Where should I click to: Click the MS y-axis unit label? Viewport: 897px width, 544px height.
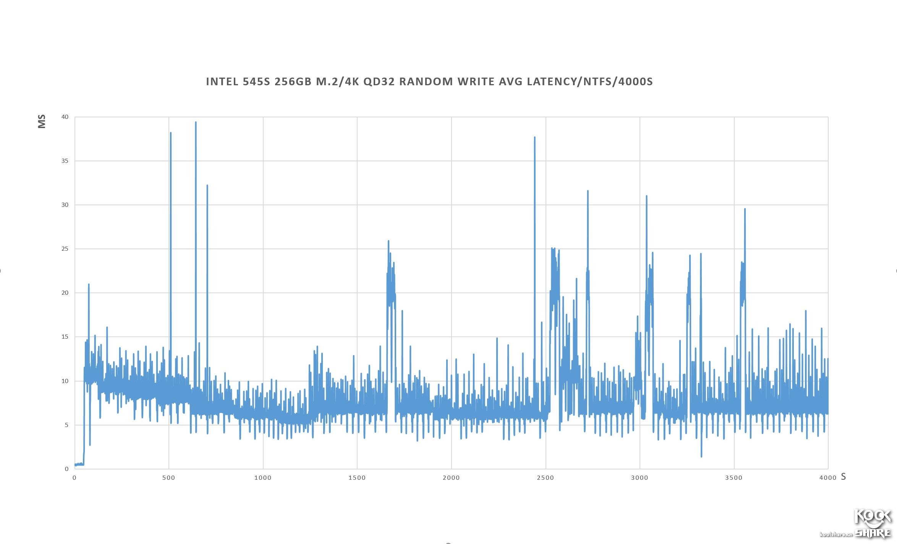tap(42, 121)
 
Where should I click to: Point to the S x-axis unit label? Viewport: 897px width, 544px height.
tap(843, 477)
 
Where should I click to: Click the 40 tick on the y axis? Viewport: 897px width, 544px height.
tap(65, 117)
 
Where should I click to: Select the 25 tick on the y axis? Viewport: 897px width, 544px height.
tap(65, 249)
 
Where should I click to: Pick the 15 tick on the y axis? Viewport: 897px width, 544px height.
tap(65, 337)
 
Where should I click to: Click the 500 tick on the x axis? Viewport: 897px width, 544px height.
tap(168, 477)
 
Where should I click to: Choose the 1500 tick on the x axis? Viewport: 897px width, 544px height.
tap(357, 477)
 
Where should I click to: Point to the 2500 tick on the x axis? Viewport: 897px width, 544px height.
tap(545, 477)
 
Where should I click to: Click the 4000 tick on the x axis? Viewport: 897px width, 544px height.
tap(828, 477)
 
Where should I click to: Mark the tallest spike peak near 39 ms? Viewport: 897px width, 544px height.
tap(196, 122)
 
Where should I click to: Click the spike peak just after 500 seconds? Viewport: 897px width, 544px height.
tap(170, 133)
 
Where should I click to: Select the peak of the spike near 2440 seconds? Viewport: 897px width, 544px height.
tap(534, 137)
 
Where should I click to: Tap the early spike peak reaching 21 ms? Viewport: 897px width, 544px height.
tap(89, 284)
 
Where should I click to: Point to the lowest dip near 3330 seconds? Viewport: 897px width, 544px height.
tap(701, 456)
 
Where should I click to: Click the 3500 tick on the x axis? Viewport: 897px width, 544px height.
tap(733, 477)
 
